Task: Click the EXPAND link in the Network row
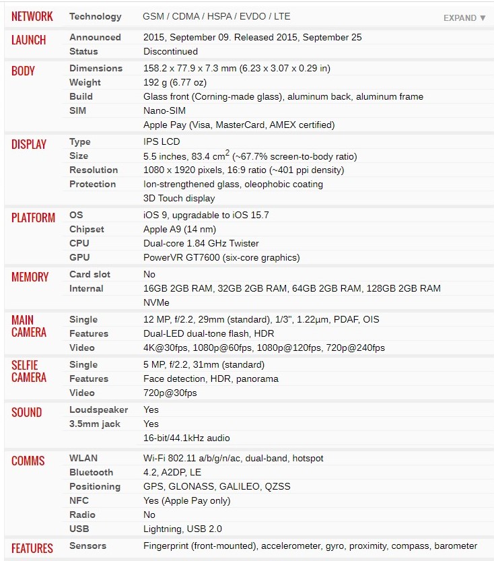(x=464, y=18)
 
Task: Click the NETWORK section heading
(x=32, y=16)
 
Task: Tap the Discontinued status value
(x=170, y=51)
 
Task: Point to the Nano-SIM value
(x=165, y=110)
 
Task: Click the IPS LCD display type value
(x=162, y=141)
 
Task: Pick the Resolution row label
(x=93, y=170)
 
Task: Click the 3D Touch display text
(x=179, y=198)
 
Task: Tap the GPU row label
(x=79, y=257)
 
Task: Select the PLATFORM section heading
(x=33, y=218)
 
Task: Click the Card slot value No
(x=149, y=274)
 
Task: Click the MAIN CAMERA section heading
(x=29, y=326)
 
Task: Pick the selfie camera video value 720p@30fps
(x=170, y=393)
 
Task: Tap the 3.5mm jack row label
(x=95, y=424)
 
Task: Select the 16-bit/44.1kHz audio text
(x=186, y=438)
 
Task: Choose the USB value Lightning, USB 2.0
(x=182, y=529)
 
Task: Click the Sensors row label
(x=88, y=546)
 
